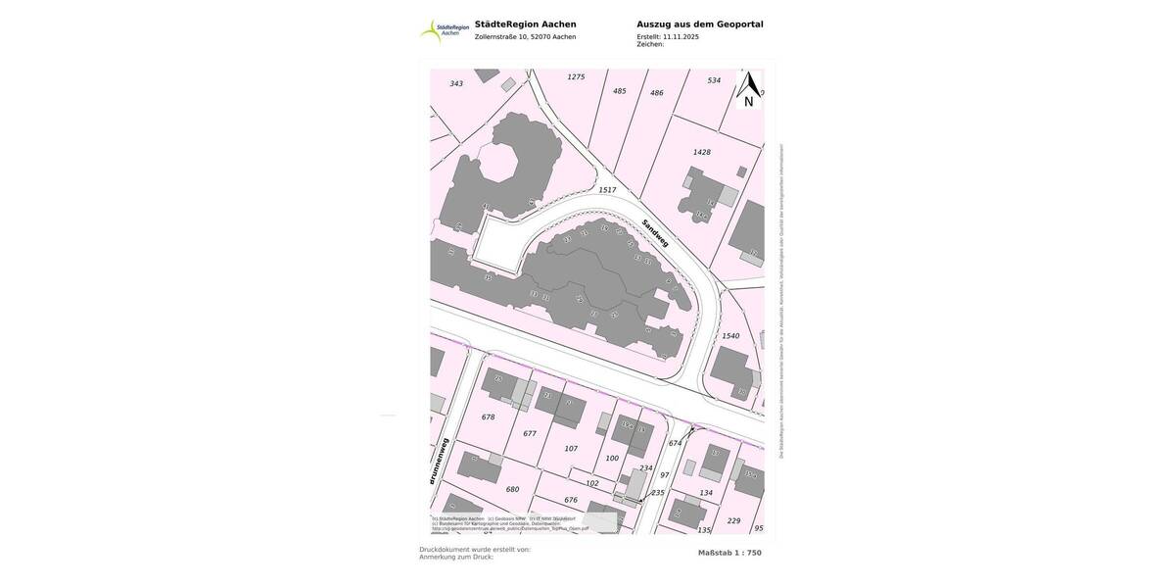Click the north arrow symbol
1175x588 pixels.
coord(749,87)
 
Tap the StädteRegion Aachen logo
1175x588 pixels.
coord(445,30)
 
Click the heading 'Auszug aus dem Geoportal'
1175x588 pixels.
coord(699,24)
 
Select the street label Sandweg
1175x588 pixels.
coord(655,232)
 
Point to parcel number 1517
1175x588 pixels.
coord(607,190)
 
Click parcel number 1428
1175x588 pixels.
coord(701,152)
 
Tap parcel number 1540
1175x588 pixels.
coord(730,336)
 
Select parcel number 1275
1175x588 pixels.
coord(576,76)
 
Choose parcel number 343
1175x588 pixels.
coord(456,83)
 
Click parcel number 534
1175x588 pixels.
coord(714,80)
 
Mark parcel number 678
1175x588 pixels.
coord(488,417)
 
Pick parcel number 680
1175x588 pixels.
coord(512,489)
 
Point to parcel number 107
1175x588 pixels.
coord(571,449)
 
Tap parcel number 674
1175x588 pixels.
coord(675,443)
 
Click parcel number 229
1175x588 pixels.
coord(733,520)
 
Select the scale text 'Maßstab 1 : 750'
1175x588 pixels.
coord(729,553)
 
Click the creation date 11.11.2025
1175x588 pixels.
coord(681,36)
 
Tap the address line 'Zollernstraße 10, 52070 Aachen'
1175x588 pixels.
coord(525,37)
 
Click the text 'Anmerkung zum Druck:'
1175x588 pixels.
coord(456,557)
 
